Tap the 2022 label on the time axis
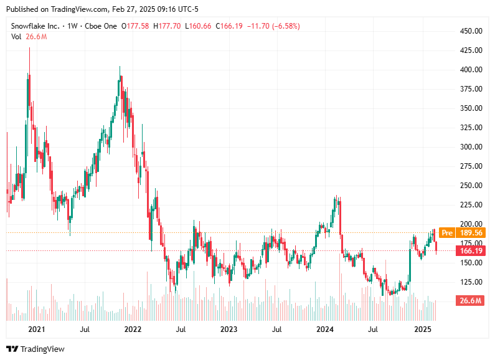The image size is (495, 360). pyautogui.click(x=133, y=329)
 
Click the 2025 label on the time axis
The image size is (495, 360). pyautogui.click(x=423, y=329)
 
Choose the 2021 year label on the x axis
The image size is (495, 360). pyautogui.click(x=37, y=329)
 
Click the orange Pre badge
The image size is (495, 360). pyautogui.click(x=446, y=233)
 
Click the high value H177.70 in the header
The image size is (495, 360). pyautogui.click(x=167, y=26)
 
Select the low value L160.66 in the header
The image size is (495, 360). pyautogui.click(x=199, y=26)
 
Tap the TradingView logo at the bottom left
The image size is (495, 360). pyautogui.click(x=35, y=349)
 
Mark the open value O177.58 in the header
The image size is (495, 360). pyautogui.click(x=134, y=26)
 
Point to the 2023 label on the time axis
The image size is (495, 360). pyautogui.click(x=229, y=329)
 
